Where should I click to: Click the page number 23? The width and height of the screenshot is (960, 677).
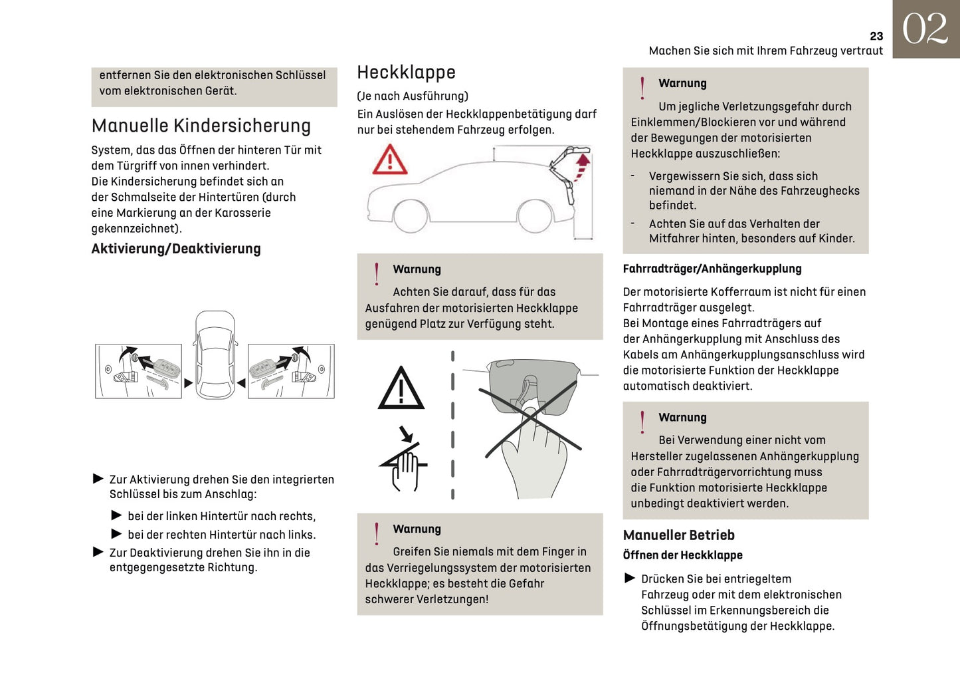[876, 36]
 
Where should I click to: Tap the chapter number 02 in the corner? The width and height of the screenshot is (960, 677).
[925, 29]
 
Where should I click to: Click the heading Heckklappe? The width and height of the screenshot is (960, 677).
[406, 72]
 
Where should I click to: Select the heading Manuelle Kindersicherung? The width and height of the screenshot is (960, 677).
[201, 126]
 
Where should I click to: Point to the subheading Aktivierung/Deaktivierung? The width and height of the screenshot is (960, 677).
[175, 249]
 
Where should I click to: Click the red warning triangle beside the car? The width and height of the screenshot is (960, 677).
[389, 160]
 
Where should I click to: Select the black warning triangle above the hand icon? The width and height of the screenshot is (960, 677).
[401, 389]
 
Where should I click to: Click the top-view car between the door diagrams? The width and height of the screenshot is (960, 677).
[215, 354]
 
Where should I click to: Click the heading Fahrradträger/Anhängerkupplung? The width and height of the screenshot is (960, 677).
[712, 269]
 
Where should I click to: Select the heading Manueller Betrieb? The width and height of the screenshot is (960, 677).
[678, 535]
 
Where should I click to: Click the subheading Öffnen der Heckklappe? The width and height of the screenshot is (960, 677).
[682, 555]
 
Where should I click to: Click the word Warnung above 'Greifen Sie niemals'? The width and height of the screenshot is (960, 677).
[417, 529]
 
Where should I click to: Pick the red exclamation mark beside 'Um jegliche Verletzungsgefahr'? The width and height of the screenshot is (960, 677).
[642, 88]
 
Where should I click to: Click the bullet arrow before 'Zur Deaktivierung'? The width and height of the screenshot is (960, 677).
[98, 552]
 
